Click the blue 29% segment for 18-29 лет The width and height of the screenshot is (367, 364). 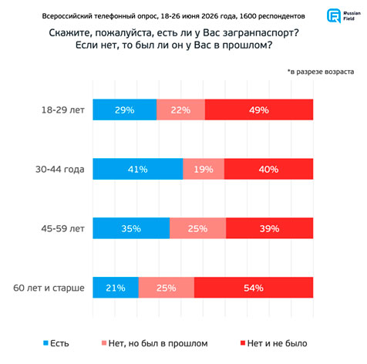pyautogui.click(x=125, y=110)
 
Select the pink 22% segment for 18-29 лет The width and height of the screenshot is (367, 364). pyautogui.click(x=180, y=110)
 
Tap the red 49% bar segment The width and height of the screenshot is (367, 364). pyautogui.click(x=259, y=110)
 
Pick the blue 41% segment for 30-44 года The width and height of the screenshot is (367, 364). pyautogui.click(x=138, y=169)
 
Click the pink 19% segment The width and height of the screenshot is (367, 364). pyautogui.click(x=204, y=169)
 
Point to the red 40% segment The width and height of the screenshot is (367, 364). pyautogui.click(x=269, y=169)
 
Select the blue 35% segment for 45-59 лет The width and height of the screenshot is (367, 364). pyautogui.click(x=131, y=228)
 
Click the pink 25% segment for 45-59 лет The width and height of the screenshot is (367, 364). pyautogui.click(x=198, y=228)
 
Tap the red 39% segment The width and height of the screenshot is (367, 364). pyautogui.click(x=270, y=228)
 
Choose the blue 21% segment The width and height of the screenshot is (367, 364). pyautogui.click(x=116, y=288)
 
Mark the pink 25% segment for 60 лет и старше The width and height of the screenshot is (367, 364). pyautogui.click(x=167, y=288)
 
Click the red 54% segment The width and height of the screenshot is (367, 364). pyautogui.click(x=254, y=288)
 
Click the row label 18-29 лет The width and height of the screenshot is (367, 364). pyautogui.click(x=63, y=110)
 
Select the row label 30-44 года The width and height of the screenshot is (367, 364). pyautogui.click(x=60, y=170)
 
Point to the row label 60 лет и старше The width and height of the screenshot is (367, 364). pyautogui.click(x=49, y=288)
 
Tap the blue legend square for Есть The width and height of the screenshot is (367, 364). pyautogui.click(x=45, y=343)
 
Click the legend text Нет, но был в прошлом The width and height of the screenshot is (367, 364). pyautogui.click(x=158, y=343)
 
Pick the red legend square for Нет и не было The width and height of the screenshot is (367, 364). pyautogui.click(x=243, y=343)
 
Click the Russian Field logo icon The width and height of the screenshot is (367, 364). pyautogui.click(x=334, y=15)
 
